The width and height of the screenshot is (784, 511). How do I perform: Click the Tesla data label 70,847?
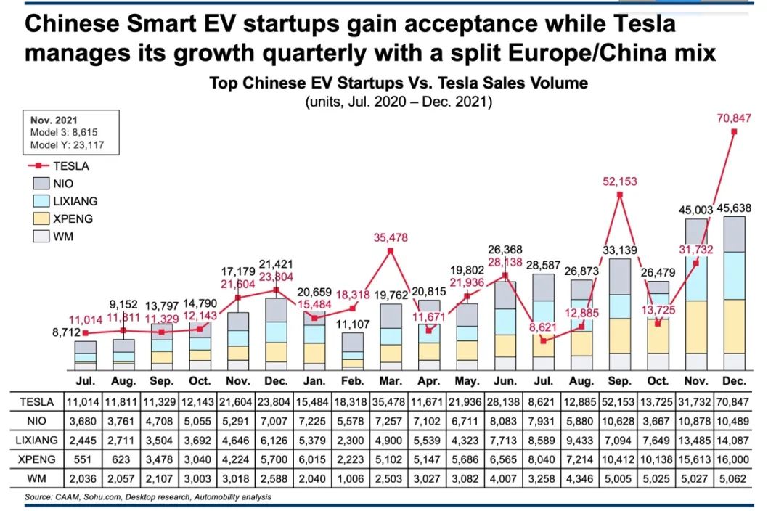(735, 118)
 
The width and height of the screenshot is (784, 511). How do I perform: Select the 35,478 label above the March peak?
(391, 237)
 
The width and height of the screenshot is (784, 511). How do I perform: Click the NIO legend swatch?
(40, 184)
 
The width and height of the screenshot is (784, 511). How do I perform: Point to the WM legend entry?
(63, 236)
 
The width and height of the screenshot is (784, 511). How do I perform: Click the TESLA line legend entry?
(70, 165)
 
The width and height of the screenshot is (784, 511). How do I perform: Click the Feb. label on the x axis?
(353, 381)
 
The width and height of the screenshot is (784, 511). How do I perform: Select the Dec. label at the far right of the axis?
(734, 381)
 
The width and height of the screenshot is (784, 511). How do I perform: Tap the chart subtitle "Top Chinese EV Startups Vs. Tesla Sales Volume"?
(398, 83)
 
